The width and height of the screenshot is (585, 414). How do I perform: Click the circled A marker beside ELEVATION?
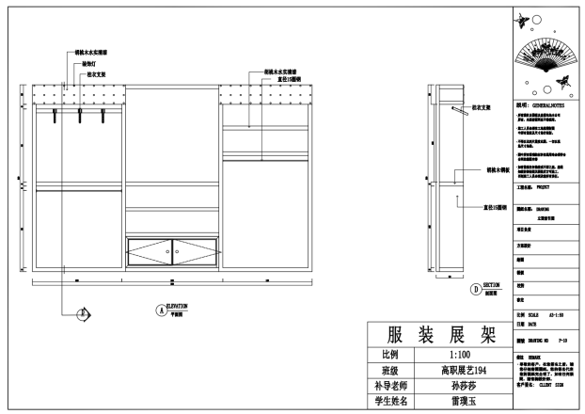click(159, 309)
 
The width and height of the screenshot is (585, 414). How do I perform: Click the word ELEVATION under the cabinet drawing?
click(178, 306)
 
